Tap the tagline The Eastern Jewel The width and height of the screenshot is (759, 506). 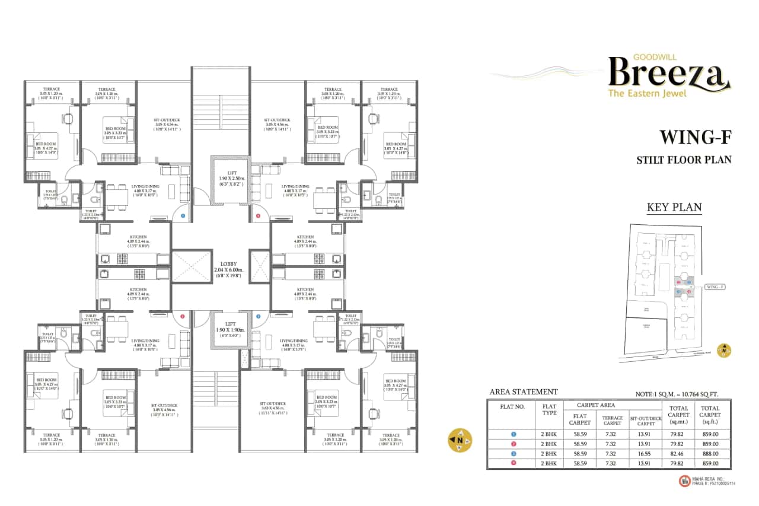coord(648,93)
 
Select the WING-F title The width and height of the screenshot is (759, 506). coord(696,138)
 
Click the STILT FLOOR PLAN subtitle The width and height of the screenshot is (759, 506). coord(684,160)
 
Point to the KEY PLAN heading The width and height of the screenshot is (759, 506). coord(674,208)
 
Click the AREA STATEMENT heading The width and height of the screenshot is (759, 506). coord(524,392)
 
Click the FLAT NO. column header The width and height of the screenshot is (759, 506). coord(513,407)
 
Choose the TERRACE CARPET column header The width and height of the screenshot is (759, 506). coord(613,421)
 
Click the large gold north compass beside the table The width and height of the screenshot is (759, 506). coord(460,440)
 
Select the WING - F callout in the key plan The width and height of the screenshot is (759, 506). coord(716,287)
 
